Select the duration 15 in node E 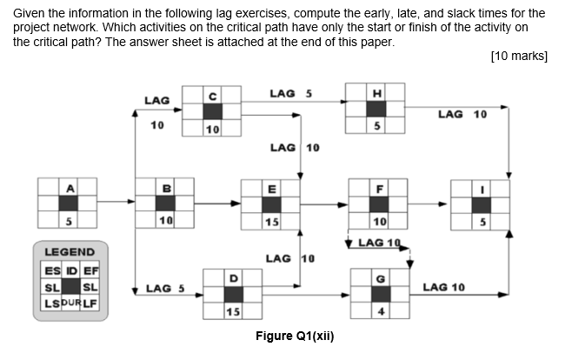(x=271, y=222)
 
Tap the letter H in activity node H (x=376, y=93)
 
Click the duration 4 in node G (x=378, y=310)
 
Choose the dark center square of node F (x=378, y=204)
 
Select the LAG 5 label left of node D (x=163, y=288)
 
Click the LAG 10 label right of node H (x=462, y=114)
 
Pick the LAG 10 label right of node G (x=445, y=287)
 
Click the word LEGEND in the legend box (x=70, y=251)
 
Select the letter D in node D (x=233, y=277)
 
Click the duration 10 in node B (x=165, y=222)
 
